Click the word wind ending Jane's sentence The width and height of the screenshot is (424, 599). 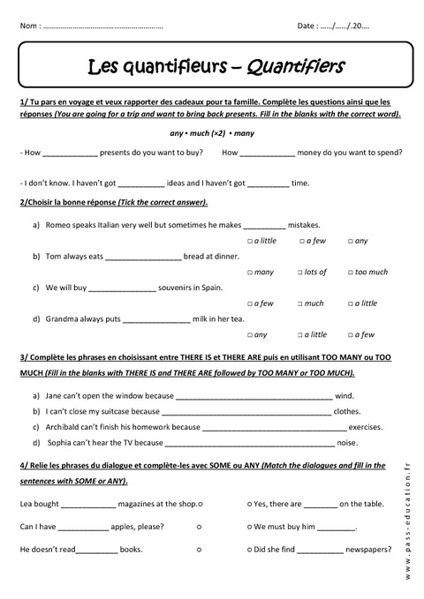344,395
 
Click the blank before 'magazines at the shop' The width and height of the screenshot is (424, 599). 88,504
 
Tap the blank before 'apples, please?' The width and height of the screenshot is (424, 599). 85,527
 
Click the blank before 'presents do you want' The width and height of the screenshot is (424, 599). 70,153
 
